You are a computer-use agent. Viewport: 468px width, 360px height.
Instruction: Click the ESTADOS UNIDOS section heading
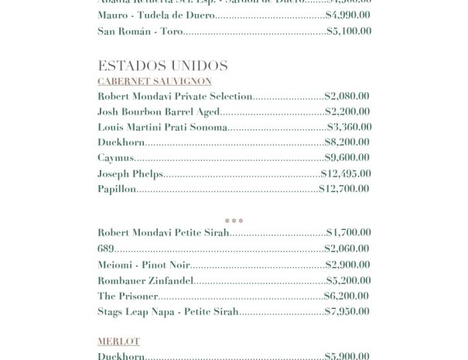click(x=162, y=65)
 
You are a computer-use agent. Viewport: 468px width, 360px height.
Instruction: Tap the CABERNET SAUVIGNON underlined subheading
click(x=154, y=81)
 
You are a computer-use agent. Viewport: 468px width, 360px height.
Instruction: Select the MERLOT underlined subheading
click(x=118, y=341)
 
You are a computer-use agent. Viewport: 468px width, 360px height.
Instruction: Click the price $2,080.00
click(x=347, y=97)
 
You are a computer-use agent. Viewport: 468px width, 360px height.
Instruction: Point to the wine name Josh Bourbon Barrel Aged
click(x=159, y=112)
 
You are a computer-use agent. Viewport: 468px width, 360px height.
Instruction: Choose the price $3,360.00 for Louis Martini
click(x=349, y=127)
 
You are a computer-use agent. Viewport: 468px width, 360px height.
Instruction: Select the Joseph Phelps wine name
click(x=130, y=173)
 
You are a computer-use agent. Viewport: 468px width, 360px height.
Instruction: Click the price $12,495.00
click(x=346, y=173)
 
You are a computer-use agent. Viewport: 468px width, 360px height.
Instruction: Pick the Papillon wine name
click(x=117, y=189)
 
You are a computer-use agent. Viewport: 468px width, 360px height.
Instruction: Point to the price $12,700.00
click(x=344, y=189)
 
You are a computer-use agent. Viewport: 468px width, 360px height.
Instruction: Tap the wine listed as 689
click(x=106, y=249)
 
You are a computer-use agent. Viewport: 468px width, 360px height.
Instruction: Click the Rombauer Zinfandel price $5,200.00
click(x=348, y=280)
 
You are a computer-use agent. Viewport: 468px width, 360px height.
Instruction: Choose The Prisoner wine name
click(x=128, y=296)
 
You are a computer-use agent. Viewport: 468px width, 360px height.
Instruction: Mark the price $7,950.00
click(x=348, y=311)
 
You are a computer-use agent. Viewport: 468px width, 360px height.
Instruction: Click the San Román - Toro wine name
click(x=139, y=32)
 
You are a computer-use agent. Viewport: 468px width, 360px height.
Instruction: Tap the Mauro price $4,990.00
click(x=348, y=15)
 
